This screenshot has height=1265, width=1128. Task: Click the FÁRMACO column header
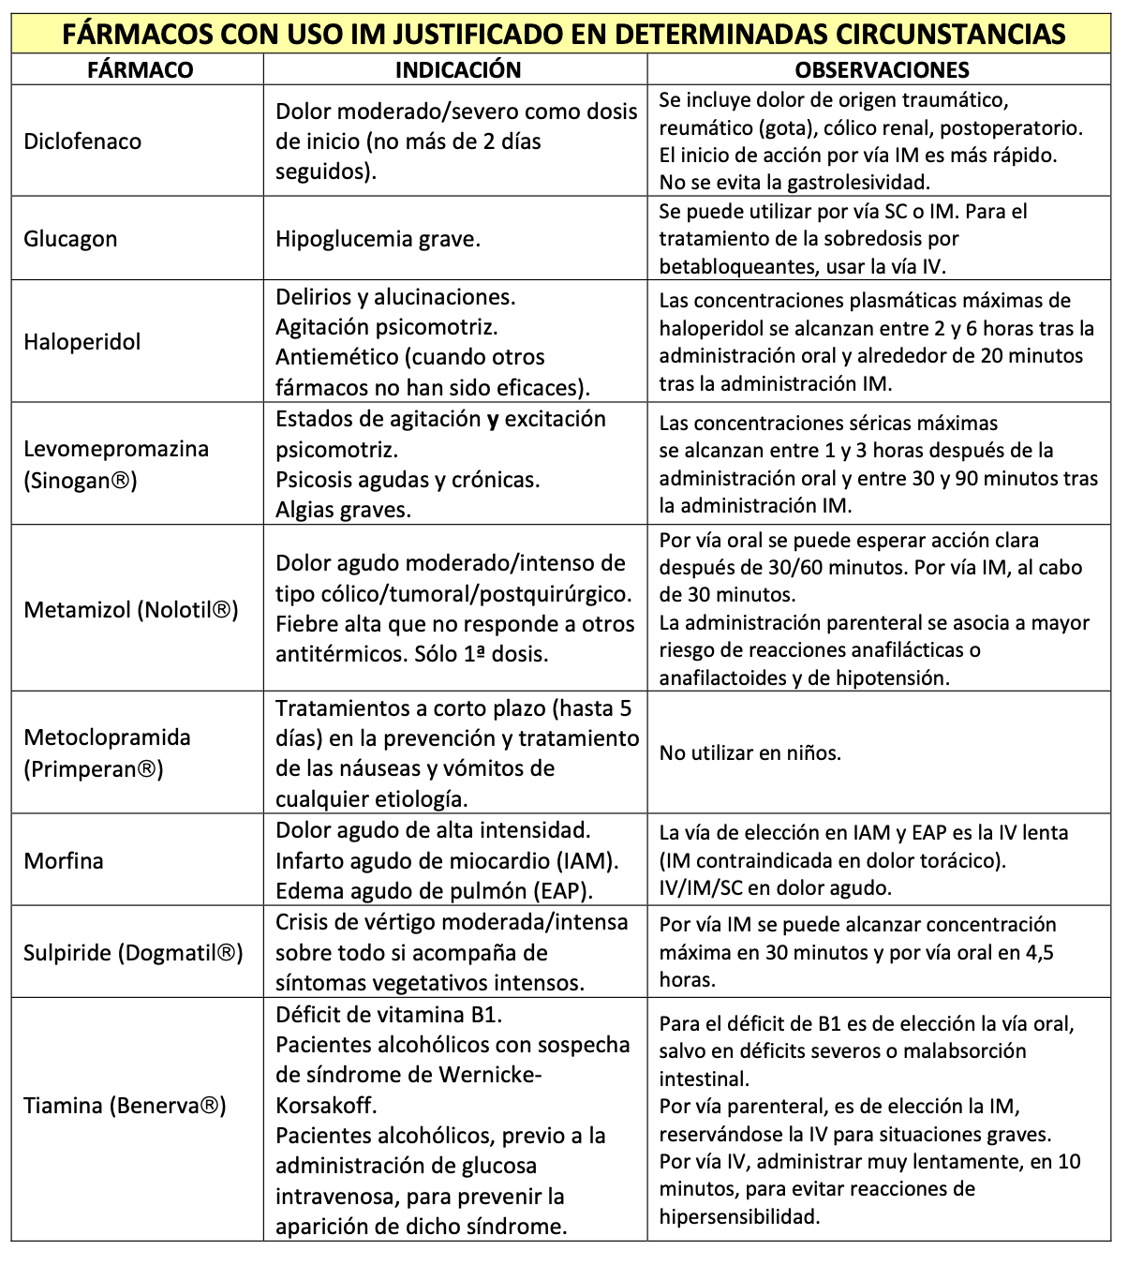tap(140, 70)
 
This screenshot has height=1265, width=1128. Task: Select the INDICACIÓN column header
tap(457, 70)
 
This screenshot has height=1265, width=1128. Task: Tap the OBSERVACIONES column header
tap(882, 70)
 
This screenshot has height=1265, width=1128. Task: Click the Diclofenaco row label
tap(82, 141)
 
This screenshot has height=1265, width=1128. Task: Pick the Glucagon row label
tap(70, 239)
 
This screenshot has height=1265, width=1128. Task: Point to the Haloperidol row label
tap(82, 342)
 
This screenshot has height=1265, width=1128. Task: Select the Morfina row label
tap(64, 861)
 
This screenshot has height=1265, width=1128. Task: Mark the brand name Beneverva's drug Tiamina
tap(63, 1106)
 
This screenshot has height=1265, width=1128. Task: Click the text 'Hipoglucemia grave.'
tap(378, 239)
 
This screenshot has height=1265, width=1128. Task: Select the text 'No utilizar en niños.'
tap(750, 753)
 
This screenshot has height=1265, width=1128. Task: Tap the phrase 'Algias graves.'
tap(343, 511)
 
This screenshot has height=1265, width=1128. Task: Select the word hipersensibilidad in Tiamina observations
tap(738, 1217)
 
